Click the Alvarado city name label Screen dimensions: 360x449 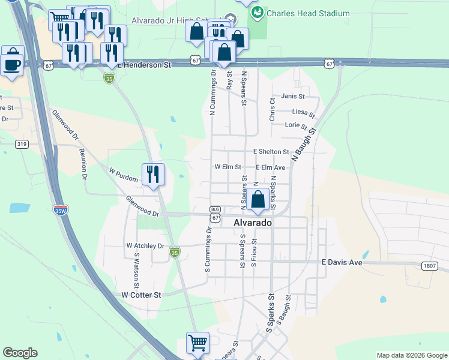(x=252, y=223)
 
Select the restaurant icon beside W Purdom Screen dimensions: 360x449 (x=153, y=175)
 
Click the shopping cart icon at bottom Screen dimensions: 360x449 (x=197, y=343)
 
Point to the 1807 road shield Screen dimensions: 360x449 (x=429, y=266)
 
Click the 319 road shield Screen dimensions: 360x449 (x=22, y=144)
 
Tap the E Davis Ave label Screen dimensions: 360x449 (x=342, y=262)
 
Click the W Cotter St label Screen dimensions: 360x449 (x=141, y=295)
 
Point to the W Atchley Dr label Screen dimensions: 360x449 (x=145, y=246)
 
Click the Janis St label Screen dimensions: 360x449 (x=293, y=96)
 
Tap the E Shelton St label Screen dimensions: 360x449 (x=271, y=152)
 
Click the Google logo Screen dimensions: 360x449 (x=20, y=353)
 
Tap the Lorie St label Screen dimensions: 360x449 (x=296, y=125)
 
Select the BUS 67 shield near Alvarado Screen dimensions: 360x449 (x=215, y=214)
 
